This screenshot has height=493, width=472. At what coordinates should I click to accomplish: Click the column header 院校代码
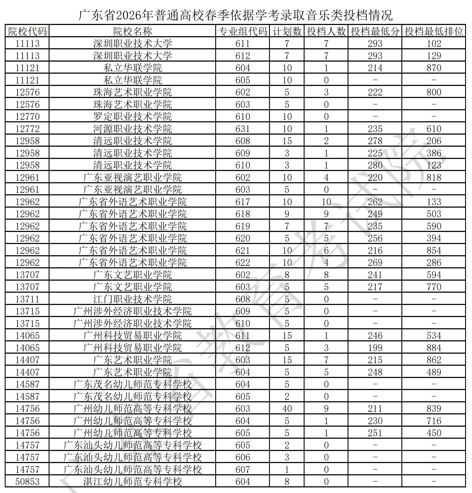tap(27, 31)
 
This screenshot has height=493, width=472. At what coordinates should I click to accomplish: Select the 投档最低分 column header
tap(375, 31)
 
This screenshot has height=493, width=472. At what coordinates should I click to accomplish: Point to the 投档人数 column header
tap(326, 31)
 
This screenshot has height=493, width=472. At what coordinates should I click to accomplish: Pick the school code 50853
tap(27, 481)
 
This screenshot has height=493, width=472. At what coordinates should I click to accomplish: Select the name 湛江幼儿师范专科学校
tap(132, 481)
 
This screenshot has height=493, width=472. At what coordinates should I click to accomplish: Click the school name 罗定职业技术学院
tap(132, 117)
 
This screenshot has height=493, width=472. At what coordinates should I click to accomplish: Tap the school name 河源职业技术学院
tap(132, 129)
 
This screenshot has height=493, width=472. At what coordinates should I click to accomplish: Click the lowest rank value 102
tap(434, 44)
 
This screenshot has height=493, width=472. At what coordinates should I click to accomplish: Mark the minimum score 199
tap(375, 348)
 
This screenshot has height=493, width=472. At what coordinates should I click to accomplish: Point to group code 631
tap(243, 129)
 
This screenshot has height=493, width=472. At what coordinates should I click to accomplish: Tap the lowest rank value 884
tap(434, 348)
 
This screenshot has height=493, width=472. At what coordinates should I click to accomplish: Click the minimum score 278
tap(375, 141)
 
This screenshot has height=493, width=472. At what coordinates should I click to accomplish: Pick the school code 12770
tap(27, 117)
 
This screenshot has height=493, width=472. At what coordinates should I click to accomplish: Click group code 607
tap(243, 469)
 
